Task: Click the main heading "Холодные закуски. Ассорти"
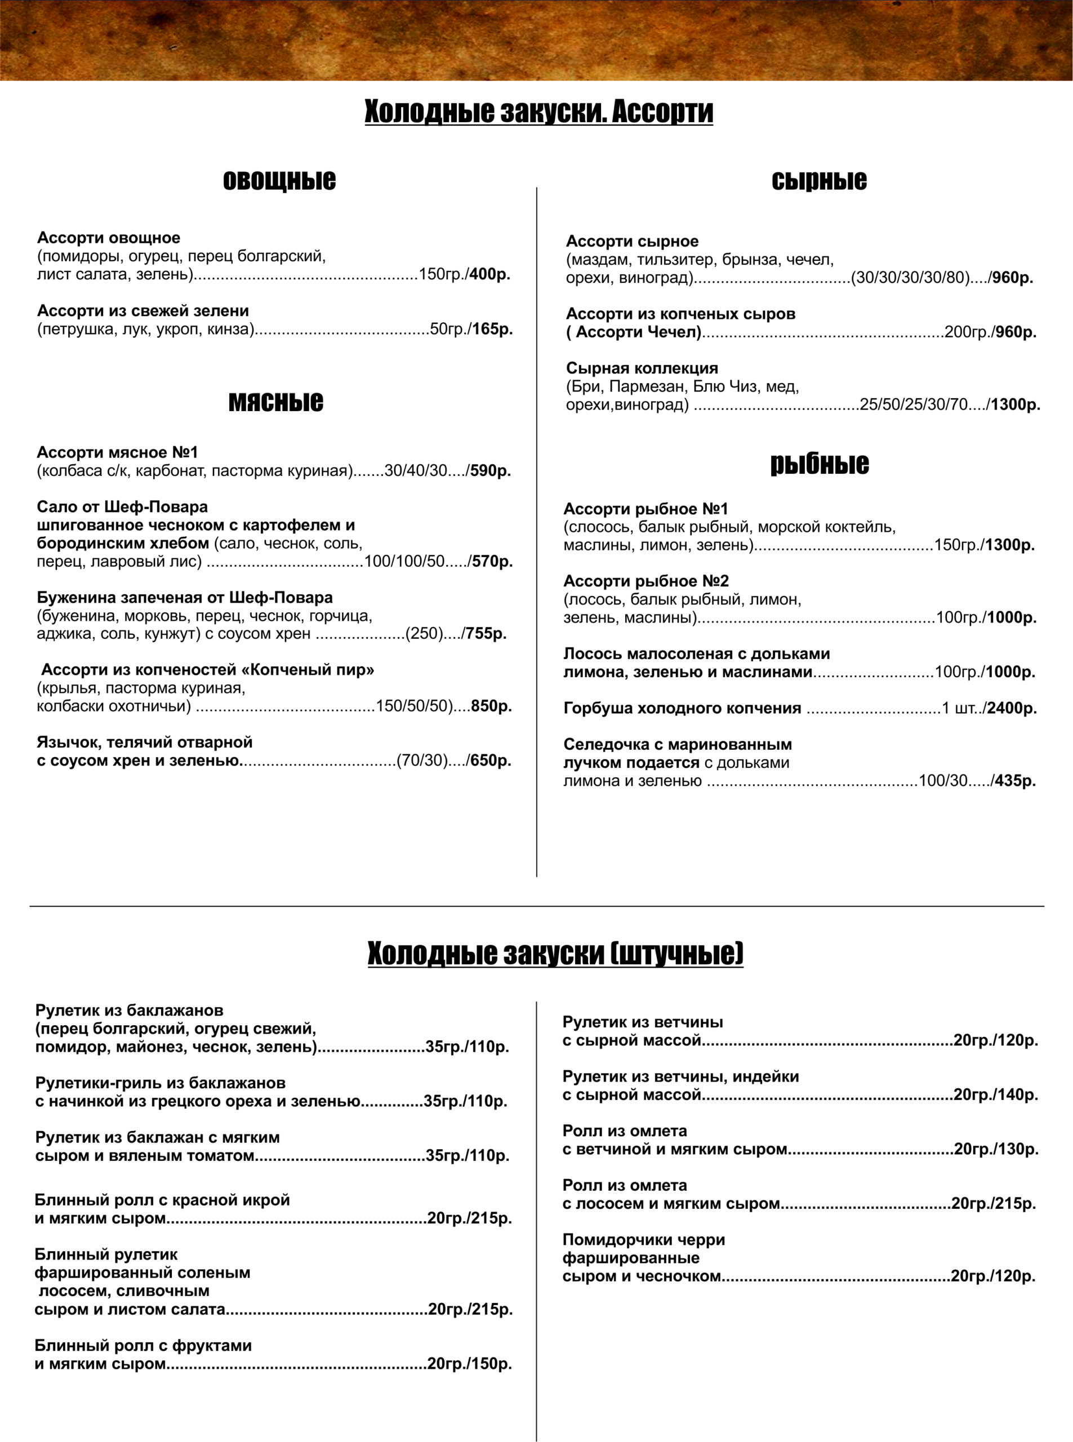tap(538, 111)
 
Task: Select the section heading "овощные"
tap(279, 180)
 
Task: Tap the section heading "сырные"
tap(818, 180)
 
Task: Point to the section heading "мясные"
tap(275, 402)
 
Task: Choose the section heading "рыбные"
tap(819, 463)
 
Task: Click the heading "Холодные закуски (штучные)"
tap(555, 954)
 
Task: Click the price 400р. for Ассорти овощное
tap(489, 274)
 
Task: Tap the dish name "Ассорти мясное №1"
tap(118, 452)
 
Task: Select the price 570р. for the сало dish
tap(492, 561)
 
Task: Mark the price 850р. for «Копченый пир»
tap(491, 706)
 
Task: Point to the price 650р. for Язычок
tap(491, 760)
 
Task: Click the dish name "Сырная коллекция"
tap(642, 368)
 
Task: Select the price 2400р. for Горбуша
tap(1011, 708)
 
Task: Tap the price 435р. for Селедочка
tap(1014, 781)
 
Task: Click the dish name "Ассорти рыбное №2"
tap(645, 581)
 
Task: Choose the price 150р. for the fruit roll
tap(491, 1364)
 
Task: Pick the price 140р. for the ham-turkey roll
tap(1017, 1095)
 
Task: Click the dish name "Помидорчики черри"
tap(644, 1240)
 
